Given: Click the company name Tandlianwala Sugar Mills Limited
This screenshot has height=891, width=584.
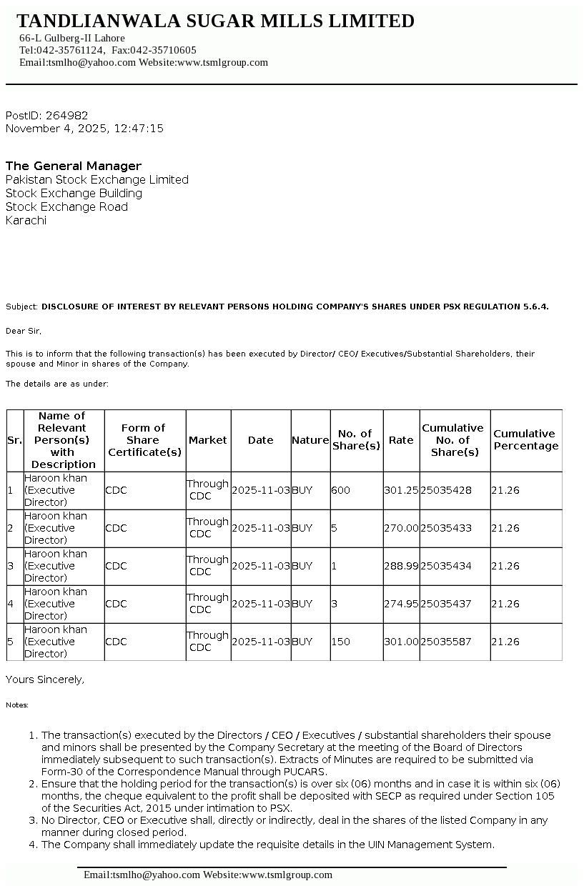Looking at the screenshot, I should point(215,21).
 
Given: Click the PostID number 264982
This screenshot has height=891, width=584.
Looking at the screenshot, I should point(66,115).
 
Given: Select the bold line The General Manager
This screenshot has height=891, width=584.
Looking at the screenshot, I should point(74,166).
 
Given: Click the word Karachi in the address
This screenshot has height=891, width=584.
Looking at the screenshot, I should point(26,220).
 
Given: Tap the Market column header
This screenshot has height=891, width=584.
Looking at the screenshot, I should point(207,440).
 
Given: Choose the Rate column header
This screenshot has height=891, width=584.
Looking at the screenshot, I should point(401,440).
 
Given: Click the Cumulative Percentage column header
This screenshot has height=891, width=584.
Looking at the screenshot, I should point(525,440).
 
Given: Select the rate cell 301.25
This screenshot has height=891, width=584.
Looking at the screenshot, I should point(401,490).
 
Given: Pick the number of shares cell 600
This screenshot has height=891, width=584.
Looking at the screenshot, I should point(341,490).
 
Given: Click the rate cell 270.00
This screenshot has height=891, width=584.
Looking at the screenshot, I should point(401,528).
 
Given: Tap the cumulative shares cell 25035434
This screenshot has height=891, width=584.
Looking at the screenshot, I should point(445,566).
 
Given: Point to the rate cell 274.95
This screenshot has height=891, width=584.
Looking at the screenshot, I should point(401,604).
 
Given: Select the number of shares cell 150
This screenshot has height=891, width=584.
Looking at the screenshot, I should point(341,642).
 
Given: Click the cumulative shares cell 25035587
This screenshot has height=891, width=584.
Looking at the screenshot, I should point(445,642).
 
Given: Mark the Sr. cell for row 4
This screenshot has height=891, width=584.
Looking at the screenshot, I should point(10,604).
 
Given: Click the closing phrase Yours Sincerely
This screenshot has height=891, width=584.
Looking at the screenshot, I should point(44,680).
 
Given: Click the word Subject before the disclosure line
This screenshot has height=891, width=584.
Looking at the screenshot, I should point(21,307).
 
